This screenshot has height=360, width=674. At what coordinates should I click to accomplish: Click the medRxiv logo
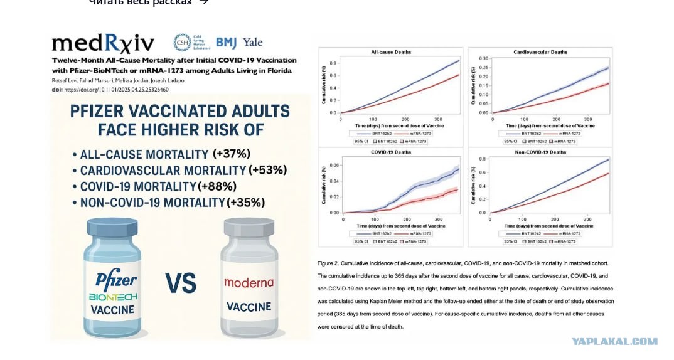click(103, 43)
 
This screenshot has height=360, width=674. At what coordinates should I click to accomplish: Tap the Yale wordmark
click(252, 43)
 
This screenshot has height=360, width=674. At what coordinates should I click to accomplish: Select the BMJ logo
click(226, 43)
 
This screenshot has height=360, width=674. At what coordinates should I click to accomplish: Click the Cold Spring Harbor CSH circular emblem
click(182, 43)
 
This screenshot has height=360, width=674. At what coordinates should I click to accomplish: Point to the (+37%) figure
click(232, 154)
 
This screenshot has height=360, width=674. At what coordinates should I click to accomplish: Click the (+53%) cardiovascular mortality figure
click(268, 170)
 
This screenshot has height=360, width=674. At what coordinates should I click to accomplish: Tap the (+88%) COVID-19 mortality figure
click(217, 186)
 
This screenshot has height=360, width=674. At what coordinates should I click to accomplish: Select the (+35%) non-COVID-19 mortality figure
click(246, 203)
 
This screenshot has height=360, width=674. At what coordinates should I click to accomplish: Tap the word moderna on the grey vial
click(249, 283)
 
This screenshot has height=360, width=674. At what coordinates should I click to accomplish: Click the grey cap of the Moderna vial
click(249, 228)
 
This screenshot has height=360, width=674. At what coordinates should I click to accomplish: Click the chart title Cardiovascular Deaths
click(540, 52)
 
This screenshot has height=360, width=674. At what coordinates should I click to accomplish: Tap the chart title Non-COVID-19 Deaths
click(540, 152)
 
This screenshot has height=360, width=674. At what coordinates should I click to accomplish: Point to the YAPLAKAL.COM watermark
click(614, 341)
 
